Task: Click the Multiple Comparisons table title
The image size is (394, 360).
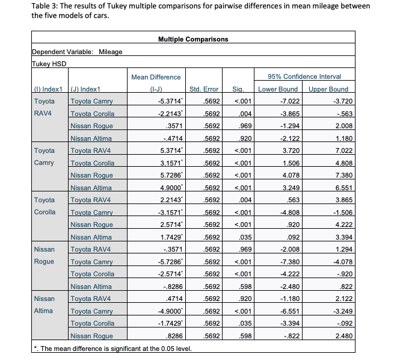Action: point(192,39)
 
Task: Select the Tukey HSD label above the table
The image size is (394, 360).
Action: point(48,63)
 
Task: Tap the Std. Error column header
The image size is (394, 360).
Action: point(203,89)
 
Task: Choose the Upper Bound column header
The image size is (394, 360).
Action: point(328,89)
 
